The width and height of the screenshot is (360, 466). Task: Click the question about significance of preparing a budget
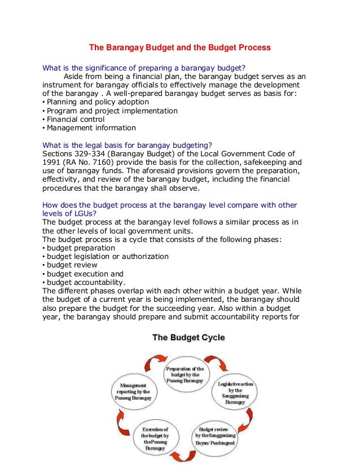[144, 69]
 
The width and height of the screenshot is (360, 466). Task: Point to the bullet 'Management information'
[91, 128]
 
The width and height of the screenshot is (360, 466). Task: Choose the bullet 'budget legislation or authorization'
[107, 256]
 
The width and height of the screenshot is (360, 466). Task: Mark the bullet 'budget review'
[72, 265]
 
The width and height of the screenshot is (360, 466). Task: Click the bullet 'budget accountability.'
[86, 283]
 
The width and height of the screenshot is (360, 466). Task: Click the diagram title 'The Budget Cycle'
[188, 338]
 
